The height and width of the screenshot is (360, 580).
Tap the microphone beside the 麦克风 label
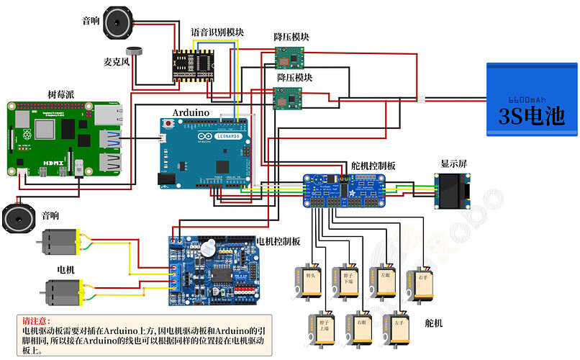(134, 51)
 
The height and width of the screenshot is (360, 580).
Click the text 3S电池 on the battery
(531, 117)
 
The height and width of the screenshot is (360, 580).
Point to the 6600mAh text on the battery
(530, 99)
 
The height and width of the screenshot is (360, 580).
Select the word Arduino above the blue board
(191, 112)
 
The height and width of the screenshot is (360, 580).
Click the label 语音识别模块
(217, 32)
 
